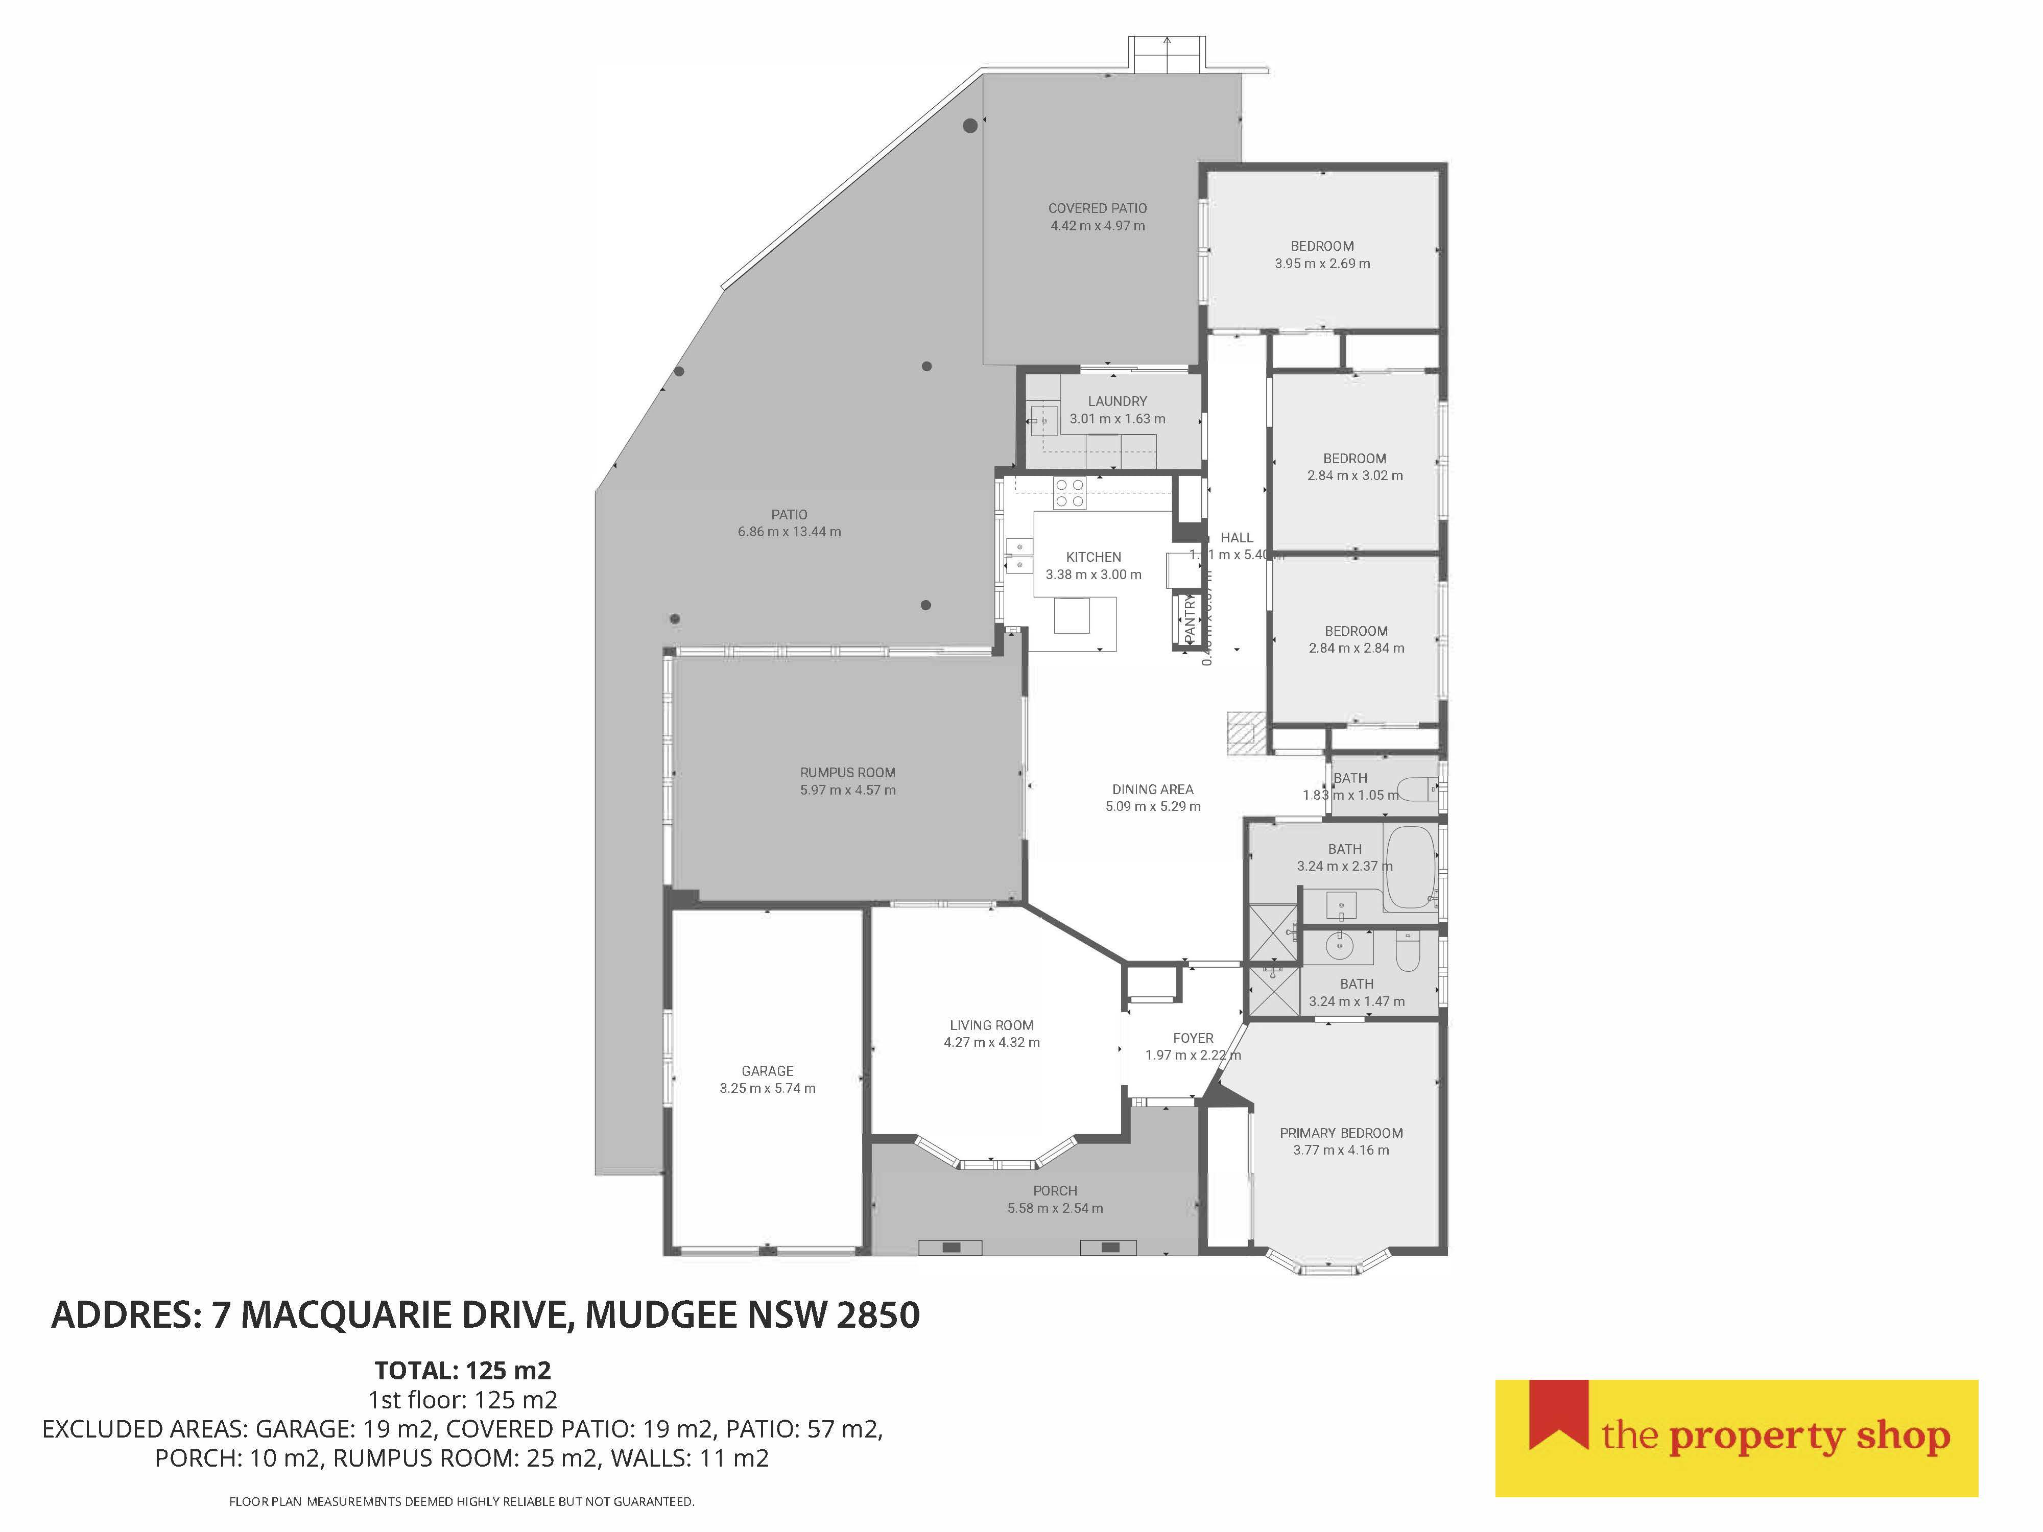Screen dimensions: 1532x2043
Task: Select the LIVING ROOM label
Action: (991, 1025)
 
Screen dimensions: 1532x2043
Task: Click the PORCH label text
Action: (1055, 1190)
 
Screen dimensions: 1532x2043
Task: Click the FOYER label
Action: (1193, 1038)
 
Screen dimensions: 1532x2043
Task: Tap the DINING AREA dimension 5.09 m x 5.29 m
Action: (1153, 806)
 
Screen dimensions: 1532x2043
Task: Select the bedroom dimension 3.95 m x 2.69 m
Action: (1322, 263)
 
